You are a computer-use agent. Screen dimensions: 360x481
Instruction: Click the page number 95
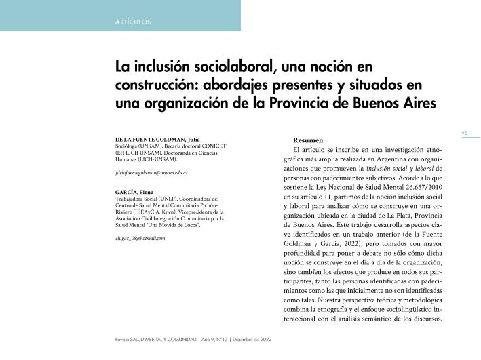click(465, 133)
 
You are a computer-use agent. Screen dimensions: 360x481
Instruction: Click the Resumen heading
click(307, 140)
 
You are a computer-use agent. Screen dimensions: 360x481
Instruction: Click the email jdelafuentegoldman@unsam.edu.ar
click(152, 173)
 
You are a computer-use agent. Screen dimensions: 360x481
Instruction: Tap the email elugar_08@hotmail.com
click(141, 239)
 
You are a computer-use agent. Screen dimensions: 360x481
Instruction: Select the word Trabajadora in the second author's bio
click(131, 199)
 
